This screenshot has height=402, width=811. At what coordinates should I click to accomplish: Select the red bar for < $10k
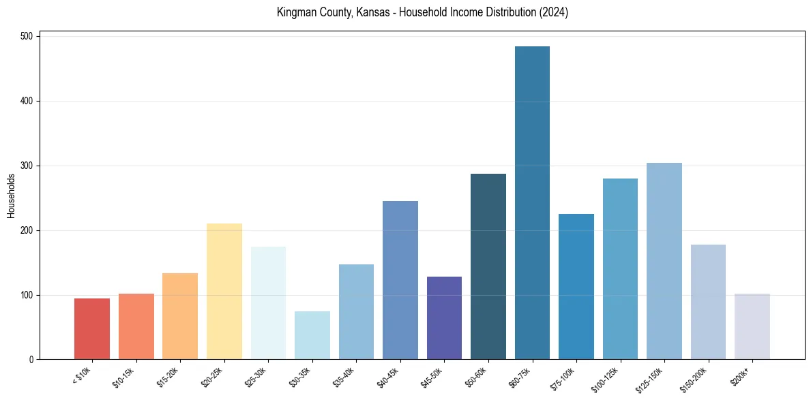pos(92,329)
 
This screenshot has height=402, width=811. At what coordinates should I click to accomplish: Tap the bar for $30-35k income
pos(312,335)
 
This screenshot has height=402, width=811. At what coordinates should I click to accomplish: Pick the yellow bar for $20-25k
pos(224,292)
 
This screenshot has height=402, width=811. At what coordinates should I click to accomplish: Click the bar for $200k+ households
pos(752,326)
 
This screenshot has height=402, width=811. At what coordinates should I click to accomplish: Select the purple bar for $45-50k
pos(444,318)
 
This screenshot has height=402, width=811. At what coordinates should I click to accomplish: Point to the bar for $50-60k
pos(488,266)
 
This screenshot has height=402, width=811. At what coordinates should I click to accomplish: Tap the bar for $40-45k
pos(400,280)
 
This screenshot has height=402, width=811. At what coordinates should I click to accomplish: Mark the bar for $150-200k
pos(708,302)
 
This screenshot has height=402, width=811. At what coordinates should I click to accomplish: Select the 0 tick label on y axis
pos(31,360)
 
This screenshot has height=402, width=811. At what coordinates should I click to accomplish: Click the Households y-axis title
pos(11,196)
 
